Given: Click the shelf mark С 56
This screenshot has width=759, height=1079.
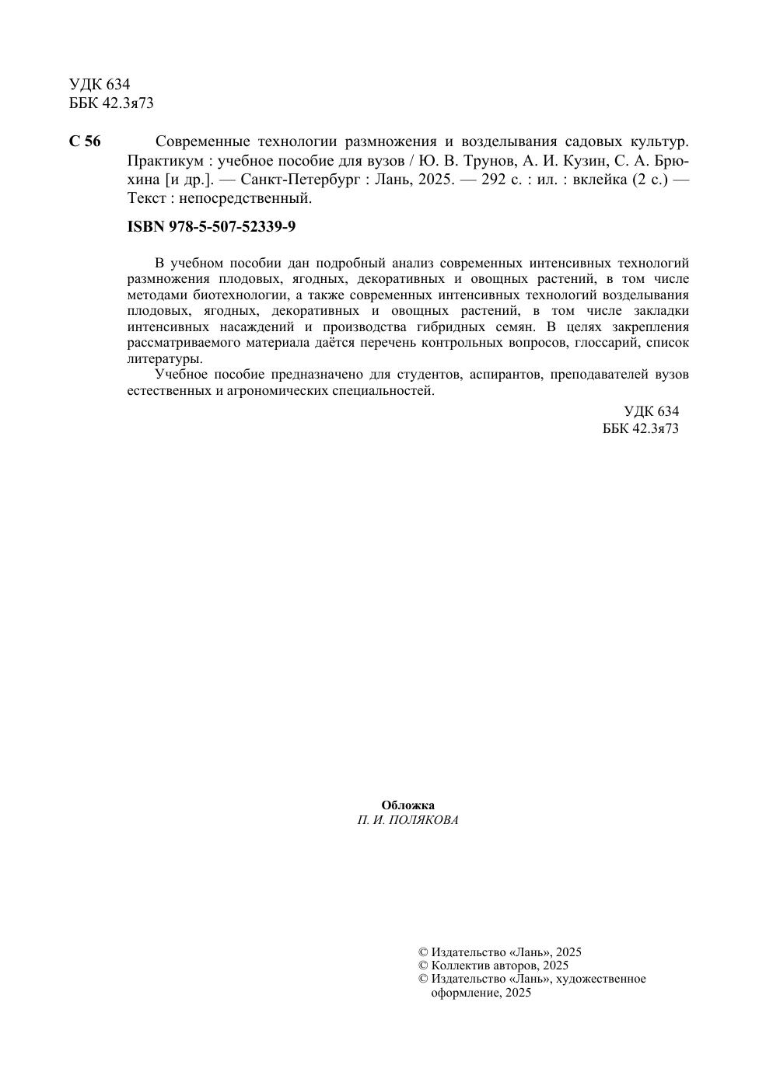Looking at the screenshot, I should [85, 141].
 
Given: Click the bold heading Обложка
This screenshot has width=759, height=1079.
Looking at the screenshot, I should [407, 805].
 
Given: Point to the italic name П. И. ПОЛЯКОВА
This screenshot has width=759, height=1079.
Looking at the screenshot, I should [407, 820].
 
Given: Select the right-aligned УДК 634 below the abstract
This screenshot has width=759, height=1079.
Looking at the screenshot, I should [651, 411].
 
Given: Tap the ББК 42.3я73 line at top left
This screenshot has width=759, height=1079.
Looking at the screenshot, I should [111, 103].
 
